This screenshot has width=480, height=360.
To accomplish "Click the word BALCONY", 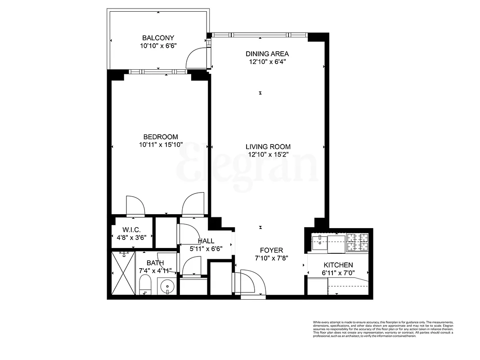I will [x=158, y=38].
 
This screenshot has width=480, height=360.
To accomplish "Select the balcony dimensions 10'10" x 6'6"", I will [x=158, y=45].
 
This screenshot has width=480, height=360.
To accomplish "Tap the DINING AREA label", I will [x=268, y=54].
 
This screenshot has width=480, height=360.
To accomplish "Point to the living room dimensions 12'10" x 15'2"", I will [x=268, y=154].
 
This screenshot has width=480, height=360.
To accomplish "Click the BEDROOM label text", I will [x=161, y=137].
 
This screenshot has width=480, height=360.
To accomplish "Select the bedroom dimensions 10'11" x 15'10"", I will [x=161, y=145].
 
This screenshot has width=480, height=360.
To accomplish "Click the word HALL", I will [x=206, y=241].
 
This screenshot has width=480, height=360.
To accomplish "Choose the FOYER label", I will [x=271, y=250].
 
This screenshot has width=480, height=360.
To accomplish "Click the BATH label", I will [x=155, y=263].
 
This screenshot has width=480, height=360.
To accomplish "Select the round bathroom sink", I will [x=167, y=285].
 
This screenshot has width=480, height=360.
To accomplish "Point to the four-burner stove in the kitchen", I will [x=357, y=242].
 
